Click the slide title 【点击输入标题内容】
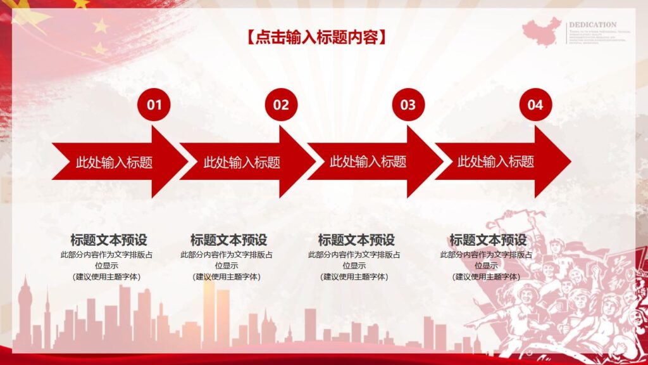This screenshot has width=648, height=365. click(x=316, y=37)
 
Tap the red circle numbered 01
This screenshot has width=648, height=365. click(x=154, y=105)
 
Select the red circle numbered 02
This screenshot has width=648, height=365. click(x=281, y=105)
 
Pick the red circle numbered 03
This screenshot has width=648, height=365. click(x=408, y=105)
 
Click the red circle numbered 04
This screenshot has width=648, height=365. click(x=535, y=105)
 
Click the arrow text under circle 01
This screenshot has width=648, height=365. click(x=114, y=162)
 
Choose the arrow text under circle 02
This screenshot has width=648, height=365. click(x=242, y=162)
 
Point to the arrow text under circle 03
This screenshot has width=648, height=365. click(x=368, y=162)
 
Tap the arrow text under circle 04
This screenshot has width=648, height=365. click(x=496, y=162)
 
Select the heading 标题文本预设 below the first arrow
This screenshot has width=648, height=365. click(x=108, y=240)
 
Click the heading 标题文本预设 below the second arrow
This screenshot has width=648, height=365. click(x=228, y=240)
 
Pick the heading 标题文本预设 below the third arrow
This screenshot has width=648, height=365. click(x=356, y=240)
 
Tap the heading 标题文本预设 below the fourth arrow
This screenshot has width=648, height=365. click(x=488, y=240)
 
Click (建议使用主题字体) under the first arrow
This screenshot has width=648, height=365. click(x=107, y=276)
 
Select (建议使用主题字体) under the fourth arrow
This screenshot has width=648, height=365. click(x=487, y=276)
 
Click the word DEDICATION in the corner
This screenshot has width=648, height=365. click(x=592, y=25)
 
